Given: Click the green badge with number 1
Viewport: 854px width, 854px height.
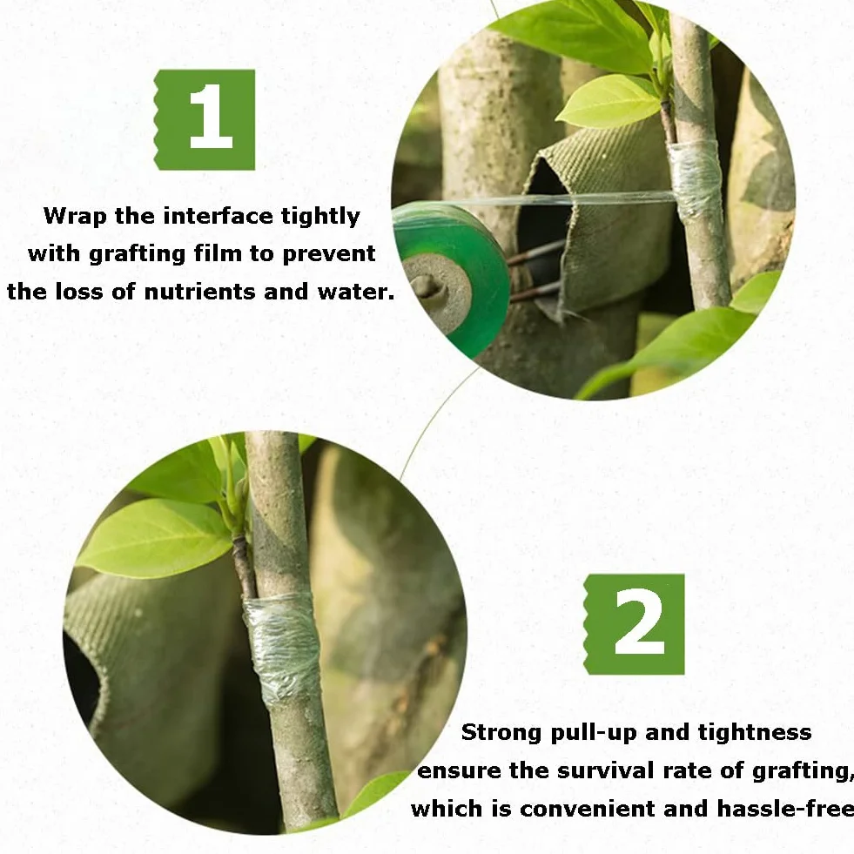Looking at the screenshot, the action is pos(205,120).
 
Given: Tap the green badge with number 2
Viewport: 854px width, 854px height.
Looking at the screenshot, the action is pos(634,624).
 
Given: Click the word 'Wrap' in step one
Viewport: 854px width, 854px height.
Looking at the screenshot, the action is pos(75,217).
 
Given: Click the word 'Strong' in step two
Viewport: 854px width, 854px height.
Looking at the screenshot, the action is pos(501,733).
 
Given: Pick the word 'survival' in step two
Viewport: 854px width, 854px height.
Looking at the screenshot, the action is pos(605,771).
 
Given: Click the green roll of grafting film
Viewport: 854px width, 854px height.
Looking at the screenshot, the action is pos(451,278).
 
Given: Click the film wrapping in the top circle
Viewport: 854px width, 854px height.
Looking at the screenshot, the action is pos(696,177).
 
